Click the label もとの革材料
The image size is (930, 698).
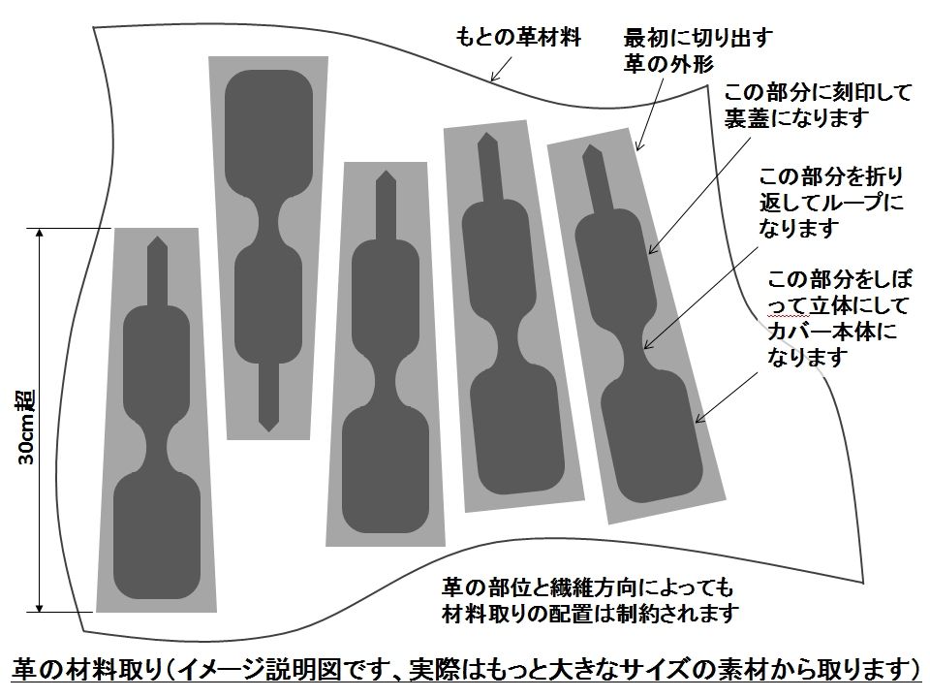tap(518, 39)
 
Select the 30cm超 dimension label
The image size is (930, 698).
tap(27, 426)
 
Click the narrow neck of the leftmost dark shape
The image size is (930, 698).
tap(157, 442)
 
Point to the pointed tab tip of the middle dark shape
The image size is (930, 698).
tap(386, 177)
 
